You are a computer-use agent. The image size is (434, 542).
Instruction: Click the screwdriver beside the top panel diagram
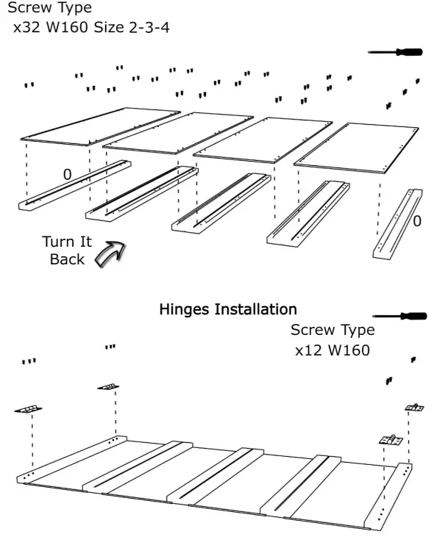(395, 52)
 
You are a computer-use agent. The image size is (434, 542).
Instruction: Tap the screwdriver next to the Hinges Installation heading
(399, 316)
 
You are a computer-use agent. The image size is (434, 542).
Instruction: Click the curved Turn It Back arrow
(110, 253)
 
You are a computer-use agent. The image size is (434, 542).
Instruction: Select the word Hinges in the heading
(185, 309)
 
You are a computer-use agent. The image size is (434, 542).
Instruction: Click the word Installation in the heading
(255, 309)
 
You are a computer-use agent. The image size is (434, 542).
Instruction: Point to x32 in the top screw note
(26, 27)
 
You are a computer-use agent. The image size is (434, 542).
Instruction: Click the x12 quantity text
(309, 350)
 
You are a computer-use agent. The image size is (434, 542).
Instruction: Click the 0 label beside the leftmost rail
(68, 175)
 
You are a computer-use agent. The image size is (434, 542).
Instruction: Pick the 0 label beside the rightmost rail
(417, 221)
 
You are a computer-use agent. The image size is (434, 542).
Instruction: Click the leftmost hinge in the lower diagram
(28, 409)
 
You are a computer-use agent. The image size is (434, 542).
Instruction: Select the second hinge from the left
(108, 387)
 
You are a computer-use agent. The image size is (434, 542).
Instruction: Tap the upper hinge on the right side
(415, 408)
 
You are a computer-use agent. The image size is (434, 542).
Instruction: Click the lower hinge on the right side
(391, 440)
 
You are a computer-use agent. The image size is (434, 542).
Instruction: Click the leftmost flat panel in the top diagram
(100, 126)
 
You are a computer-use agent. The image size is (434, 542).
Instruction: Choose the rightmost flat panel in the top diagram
(357, 148)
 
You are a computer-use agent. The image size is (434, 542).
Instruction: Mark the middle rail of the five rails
(221, 203)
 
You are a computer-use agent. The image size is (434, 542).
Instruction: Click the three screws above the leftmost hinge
(29, 361)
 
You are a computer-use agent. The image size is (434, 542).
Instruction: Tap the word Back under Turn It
(67, 259)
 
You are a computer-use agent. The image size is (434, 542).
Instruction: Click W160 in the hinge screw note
(349, 350)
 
